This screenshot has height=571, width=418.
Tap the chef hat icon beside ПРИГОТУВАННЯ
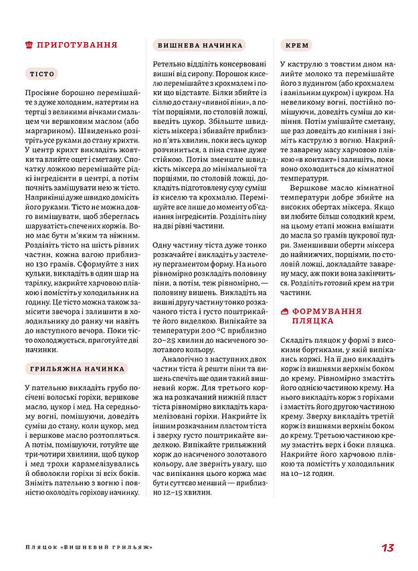pyautogui.click(x=28, y=45)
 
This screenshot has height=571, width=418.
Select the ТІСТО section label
pyautogui.click(x=43, y=74)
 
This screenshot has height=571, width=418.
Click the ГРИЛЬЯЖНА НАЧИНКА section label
pyautogui.click(x=78, y=368)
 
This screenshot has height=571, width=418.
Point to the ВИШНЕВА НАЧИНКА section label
pyautogui.click(x=200, y=46)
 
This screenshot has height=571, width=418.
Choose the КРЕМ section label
pyautogui.click(x=296, y=46)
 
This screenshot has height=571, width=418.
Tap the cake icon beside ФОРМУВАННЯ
pyautogui.click(x=285, y=312)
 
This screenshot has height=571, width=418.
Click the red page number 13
pyautogui.click(x=387, y=548)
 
